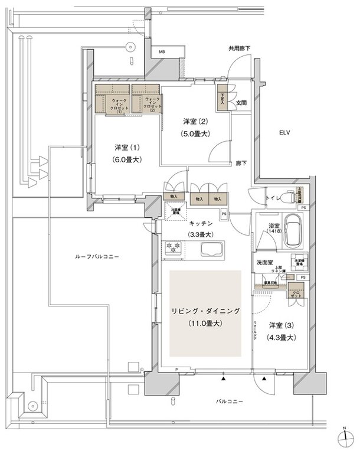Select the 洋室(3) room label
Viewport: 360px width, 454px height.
click(281, 325)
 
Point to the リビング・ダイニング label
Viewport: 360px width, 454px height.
click(205, 311)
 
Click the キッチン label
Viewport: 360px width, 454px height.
click(201, 224)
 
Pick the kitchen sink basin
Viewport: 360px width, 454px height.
click(213, 249)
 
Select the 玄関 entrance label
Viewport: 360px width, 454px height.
click(242, 102)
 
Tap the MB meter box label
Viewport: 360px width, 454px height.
click(162, 53)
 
